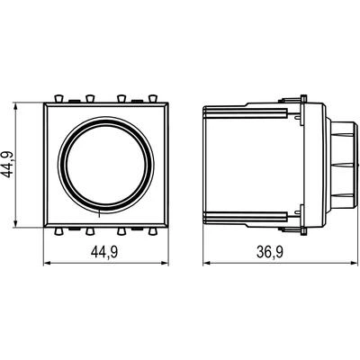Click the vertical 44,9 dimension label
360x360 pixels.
pos(8,165)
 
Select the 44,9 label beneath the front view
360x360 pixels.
pos(104,253)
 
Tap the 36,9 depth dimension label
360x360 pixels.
pos(270,253)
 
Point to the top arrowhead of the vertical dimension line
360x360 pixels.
pos(15,106)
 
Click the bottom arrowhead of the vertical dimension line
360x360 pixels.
pos(15,224)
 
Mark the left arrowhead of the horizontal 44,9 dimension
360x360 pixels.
pos(48,263)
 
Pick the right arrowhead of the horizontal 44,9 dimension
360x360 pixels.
pos(166,263)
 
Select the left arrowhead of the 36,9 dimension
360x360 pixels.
pos(207,263)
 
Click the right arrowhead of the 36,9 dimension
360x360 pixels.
pos(355,263)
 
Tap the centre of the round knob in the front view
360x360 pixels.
pos(106,166)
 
